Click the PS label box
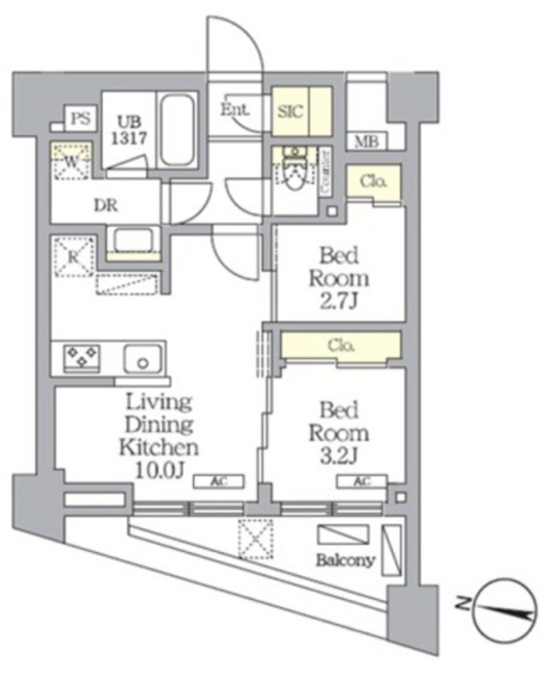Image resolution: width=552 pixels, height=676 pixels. click(80, 119)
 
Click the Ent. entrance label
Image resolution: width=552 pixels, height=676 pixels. click(234, 111)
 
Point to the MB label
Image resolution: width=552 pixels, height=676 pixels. click(366, 141)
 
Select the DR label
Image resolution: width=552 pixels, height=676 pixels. click(105, 205)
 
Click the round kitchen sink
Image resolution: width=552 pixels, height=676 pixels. click(143, 360)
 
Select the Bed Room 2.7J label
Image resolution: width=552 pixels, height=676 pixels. click(340, 277)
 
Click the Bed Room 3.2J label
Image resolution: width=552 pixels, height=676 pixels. click(340, 434)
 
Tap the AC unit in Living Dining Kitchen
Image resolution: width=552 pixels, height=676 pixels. click(219, 481)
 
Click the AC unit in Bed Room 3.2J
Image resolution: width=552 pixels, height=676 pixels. click(361, 481)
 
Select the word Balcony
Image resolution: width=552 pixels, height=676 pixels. click(345, 560)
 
